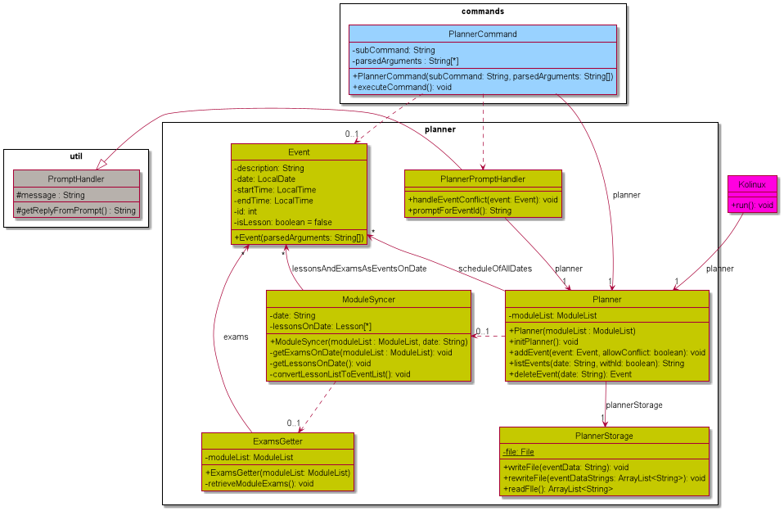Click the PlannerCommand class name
point(483,34)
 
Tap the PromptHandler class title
point(76,179)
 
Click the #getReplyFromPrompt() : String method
point(76,210)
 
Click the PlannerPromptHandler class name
point(482,179)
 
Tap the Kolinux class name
point(751,184)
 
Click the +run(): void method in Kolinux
point(751,205)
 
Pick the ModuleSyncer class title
point(367,300)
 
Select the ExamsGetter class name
point(277,441)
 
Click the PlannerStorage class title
point(604,436)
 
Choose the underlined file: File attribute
point(518,451)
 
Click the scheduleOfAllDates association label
point(495,269)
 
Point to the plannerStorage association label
point(634,405)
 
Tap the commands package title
point(483,11)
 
